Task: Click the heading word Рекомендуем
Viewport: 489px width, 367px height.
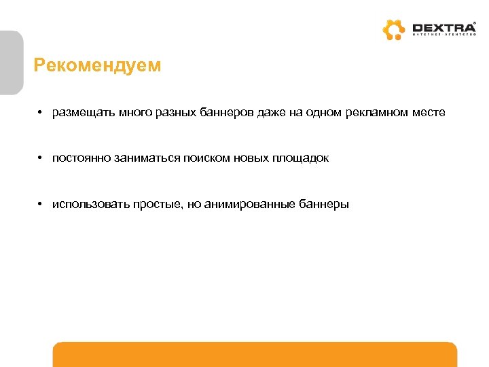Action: click(x=98, y=65)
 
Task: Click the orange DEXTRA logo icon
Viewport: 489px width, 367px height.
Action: click(x=393, y=30)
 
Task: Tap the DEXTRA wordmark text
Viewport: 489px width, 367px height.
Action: click(x=444, y=28)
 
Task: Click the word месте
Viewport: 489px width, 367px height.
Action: click(x=429, y=112)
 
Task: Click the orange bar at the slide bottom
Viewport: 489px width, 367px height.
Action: click(x=255, y=355)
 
